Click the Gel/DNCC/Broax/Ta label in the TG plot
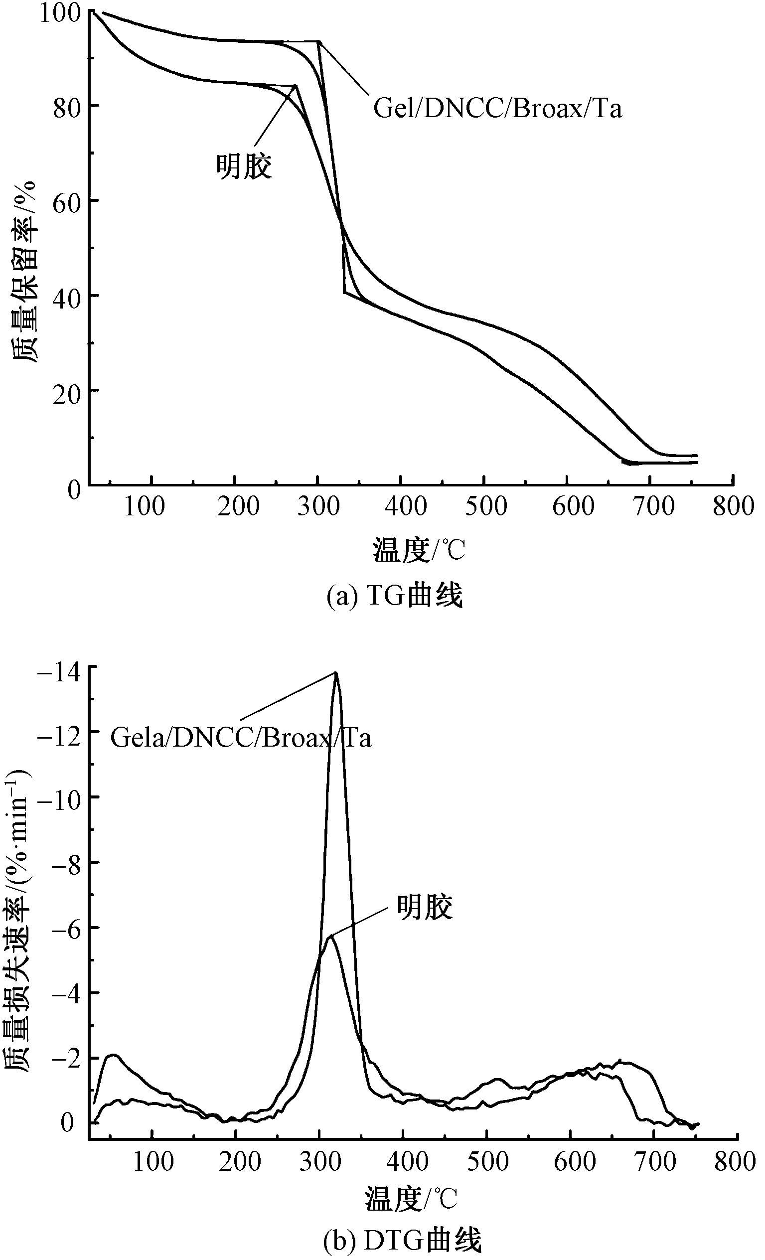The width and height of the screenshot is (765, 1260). pyautogui.click(x=497, y=109)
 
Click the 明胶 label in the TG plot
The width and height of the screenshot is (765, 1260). pyautogui.click(x=244, y=166)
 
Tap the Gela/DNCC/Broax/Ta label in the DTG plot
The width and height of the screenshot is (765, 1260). pyautogui.click(x=240, y=738)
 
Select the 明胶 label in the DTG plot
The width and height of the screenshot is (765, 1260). pyautogui.click(x=425, y=908)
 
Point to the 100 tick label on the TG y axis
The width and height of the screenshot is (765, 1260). pyautogui.click(x=60, y=12)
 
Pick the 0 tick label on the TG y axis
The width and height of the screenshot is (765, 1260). pyautogui.click(x=75, y=489)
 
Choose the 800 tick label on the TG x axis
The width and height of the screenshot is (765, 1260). pyautogui.click(x=733, y=506)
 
